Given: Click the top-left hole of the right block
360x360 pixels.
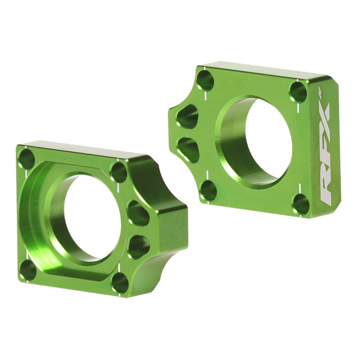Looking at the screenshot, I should pyautogui.click(x=205, y=80).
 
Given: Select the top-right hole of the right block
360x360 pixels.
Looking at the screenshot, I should pyautogui.click(x=298, y=92).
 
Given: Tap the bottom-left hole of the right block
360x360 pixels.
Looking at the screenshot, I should pyautogui.click(x=208, y=190).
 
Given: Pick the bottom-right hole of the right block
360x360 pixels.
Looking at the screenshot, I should pyautogui.click(x=301, y=204).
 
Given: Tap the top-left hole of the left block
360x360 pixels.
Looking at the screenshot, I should pyautogui.click(x=27, y=159).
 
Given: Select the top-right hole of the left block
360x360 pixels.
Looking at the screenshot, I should pyautogui.click(x=119, y=172).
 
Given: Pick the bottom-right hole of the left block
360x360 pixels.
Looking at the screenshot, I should pyautogui.click(x=120, y=283).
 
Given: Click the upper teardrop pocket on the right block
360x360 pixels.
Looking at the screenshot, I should pyautogui.click(x=188, y=116).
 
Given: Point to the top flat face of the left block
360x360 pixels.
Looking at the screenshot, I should pyautogui.click(x=76, y=150).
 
